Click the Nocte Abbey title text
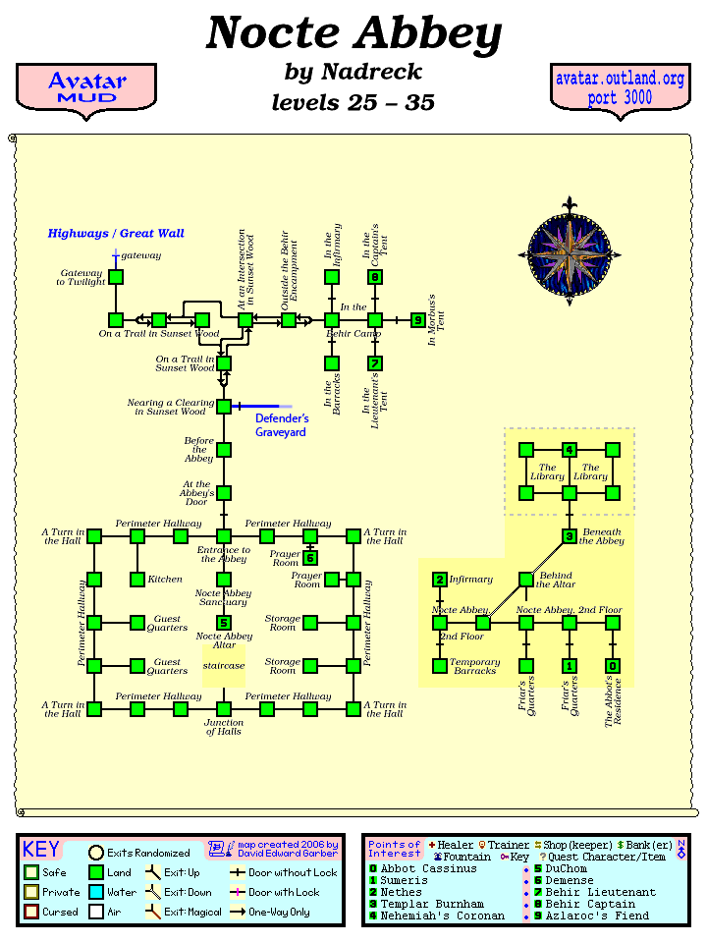pos(353,34)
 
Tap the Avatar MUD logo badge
pos(86,88)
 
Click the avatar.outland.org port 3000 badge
pos(620,88)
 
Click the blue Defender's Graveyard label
pos(282,425)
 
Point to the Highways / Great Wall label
pos(116,234)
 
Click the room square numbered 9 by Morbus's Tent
pos(418,320)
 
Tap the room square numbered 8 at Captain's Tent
pos(375,277)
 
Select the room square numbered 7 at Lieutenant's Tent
pos(375,363)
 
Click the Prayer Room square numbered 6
pos(310,559)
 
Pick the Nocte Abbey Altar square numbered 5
pos(224,623)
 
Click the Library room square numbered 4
pos(570,450)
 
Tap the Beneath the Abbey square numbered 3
pos(570,536)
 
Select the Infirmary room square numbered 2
pos(440,580)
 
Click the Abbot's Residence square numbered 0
pos(613,666)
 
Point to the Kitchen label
pos(165,580)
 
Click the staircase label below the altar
pos(224,666)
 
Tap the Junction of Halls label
pos(224,727)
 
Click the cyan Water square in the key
pos(96,893)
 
